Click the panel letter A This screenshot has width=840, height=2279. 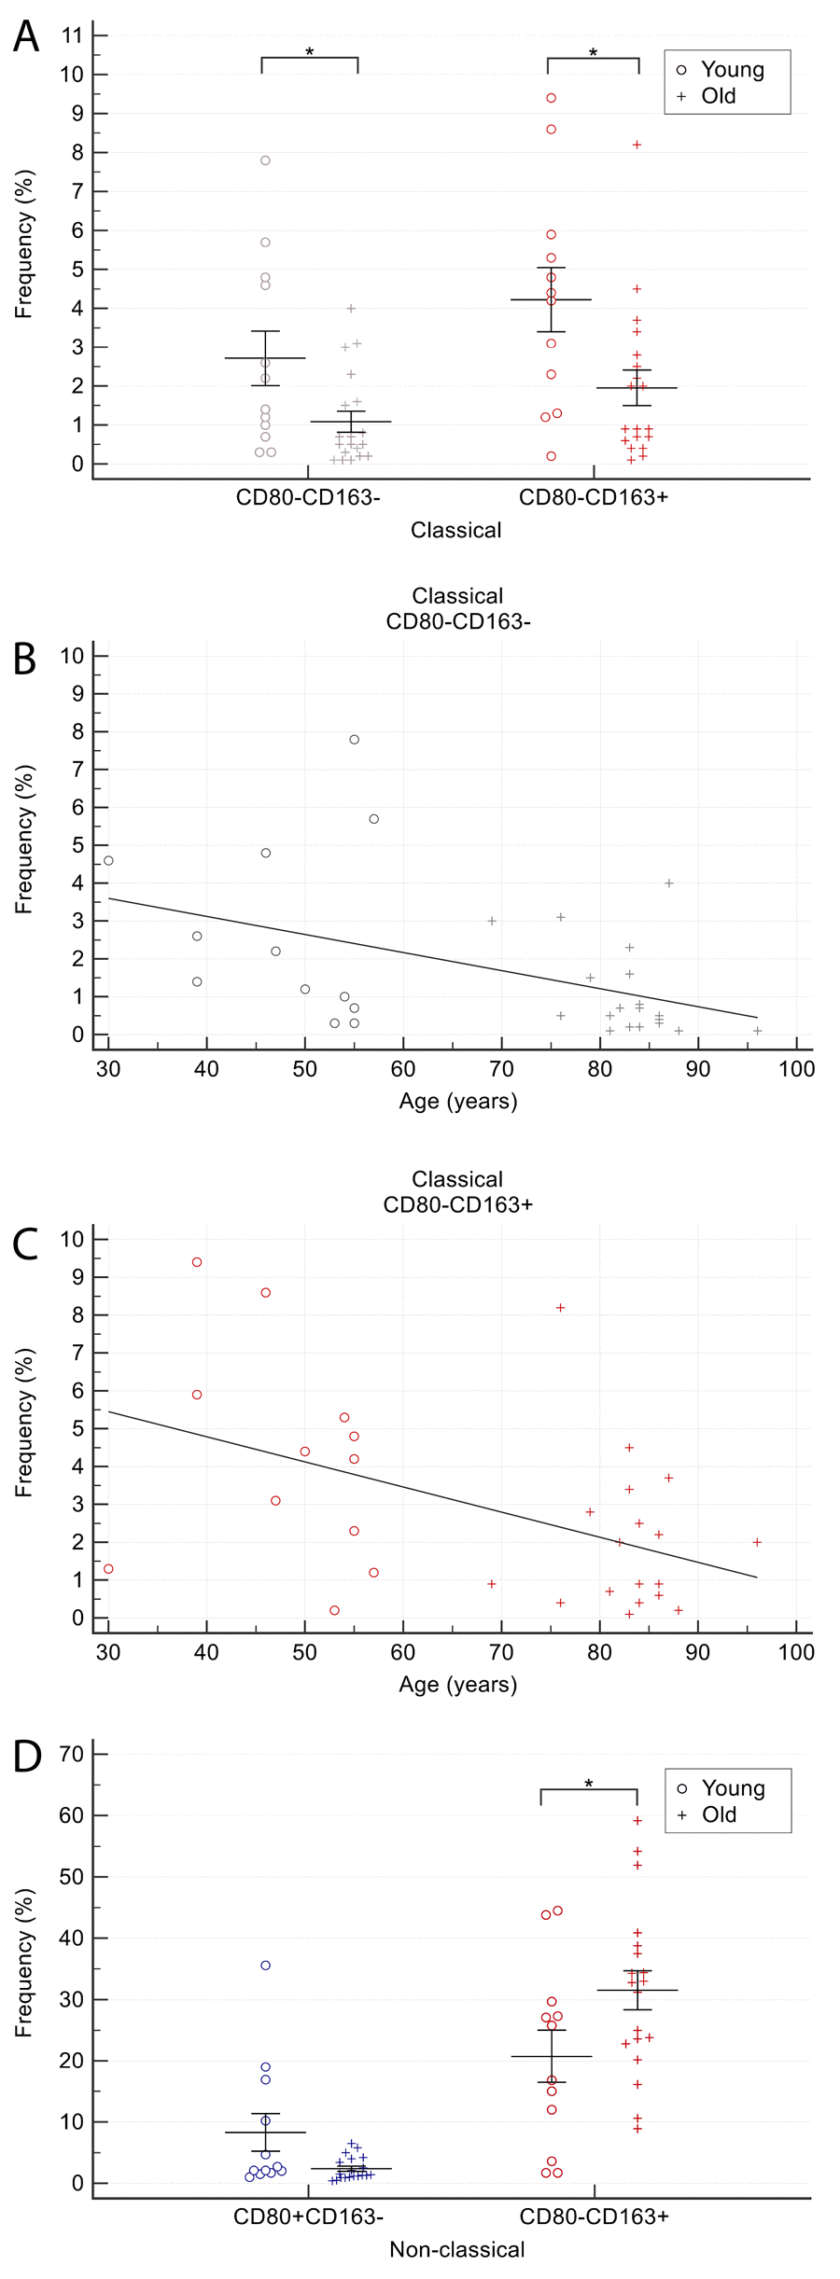[x=26, y=37]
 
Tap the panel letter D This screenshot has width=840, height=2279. [x=27, y=1757]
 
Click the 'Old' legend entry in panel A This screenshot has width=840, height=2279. [x=718, y=95]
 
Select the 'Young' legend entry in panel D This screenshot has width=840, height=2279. [x=733, y=1788]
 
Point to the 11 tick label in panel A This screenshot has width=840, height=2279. [x=72, y=35]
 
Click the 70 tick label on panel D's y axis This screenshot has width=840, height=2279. [x=72, y=1754]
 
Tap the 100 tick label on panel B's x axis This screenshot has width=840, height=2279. [x=796, y=1069]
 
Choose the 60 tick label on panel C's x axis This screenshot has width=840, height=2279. [x=403, y=1652]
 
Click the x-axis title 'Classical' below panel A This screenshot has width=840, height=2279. [x=456, y=530]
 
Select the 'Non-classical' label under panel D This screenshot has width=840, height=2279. [x=456, y=2249]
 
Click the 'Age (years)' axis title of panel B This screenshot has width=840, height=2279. [x=457, y=1101]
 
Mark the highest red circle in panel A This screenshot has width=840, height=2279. [x=552, y=98]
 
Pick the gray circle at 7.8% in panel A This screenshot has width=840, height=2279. [x=265, y=160]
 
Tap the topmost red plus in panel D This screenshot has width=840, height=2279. [x=637, y=1820]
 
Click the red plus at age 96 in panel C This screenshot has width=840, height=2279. [x=757, y=1542]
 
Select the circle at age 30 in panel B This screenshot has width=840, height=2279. [x=108, y=860]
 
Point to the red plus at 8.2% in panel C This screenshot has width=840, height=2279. [x=561, y=1308]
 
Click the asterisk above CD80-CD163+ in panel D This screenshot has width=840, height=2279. [x=589, y=1783]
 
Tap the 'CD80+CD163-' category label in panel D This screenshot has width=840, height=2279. [x=308, y=2216]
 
